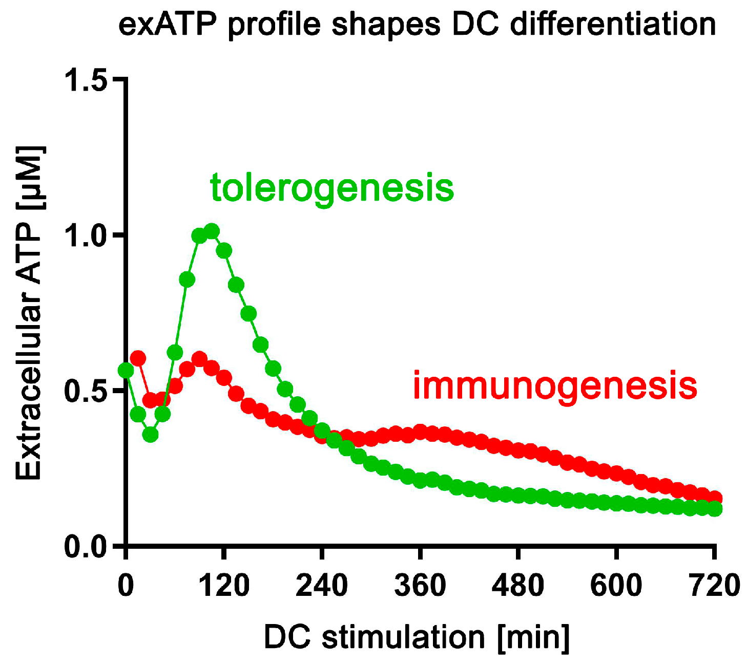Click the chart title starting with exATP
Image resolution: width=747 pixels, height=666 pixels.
[417, 25]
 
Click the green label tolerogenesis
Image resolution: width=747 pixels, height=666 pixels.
[332, 187]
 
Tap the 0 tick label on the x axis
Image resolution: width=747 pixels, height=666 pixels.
[126, 585]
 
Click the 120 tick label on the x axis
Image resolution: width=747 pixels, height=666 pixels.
[224, 585]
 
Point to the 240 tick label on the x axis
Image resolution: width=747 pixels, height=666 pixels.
[322, 585]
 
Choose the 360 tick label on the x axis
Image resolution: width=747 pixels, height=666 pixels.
[420, 585]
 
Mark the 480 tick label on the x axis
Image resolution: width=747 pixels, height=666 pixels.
[518, 585]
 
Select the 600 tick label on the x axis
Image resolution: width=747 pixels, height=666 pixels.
[616, 585]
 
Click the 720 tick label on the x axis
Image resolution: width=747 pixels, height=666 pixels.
[714, 585]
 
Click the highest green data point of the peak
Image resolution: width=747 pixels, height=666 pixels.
[212, 231]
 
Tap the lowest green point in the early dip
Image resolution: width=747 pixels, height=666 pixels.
[150, 435]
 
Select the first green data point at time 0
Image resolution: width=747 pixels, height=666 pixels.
[126, 370]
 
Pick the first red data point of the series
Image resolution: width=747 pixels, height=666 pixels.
[138, 358]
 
